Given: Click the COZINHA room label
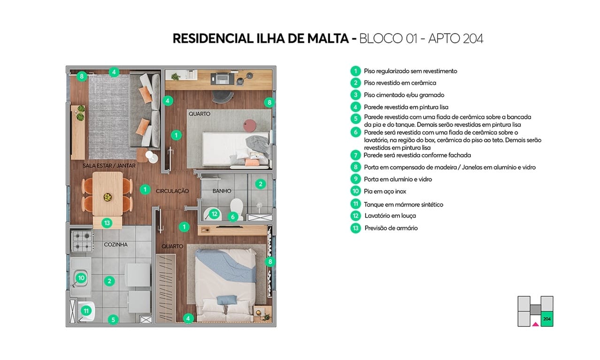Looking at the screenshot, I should [x=115, y=245].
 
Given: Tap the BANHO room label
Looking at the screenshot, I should [x=221, y=191].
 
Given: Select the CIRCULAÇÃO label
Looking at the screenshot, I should [x=172, y=191].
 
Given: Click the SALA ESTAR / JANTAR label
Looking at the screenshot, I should [x=109, y=166].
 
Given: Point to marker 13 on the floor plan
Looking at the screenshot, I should [x=107, y=222].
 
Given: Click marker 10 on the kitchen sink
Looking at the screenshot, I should [x=81, y=278].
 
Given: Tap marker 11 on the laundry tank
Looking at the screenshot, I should [x=86, y=311].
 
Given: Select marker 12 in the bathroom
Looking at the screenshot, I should [x=214, y=214].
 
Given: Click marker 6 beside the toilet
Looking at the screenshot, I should [x=232, y=216].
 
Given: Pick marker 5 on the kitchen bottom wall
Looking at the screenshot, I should [x=113, y=320].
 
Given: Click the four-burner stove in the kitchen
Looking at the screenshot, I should [x=82, y=242].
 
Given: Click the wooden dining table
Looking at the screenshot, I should [x=108, y=192].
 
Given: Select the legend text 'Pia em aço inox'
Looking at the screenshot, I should [x=385, y=191].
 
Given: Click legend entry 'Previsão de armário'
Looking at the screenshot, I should [x=391, y=228].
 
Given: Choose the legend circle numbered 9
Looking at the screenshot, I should [x=355, y=179].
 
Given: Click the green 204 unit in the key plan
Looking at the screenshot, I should [x=546, y=319].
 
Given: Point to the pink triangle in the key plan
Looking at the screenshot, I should [x=535, y=323].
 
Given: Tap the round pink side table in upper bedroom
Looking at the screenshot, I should [x=250, y=125].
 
